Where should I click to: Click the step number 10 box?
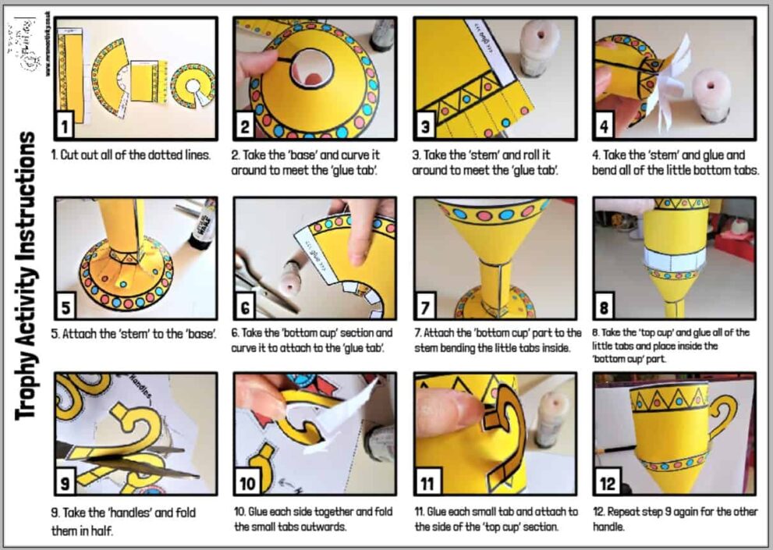tap(248, 483)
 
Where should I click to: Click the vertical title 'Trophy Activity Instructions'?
tap(27, 275)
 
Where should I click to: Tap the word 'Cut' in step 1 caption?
tap(77, 154)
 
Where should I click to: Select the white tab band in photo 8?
tap(672, 257)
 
